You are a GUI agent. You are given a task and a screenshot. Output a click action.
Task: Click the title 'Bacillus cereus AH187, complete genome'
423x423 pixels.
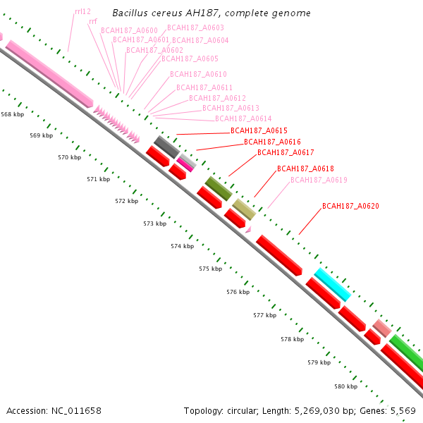pos(211,13)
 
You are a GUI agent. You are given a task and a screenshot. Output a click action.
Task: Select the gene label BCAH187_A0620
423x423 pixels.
pos(350,206)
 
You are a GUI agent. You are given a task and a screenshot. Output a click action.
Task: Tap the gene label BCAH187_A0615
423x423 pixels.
pos(259,130)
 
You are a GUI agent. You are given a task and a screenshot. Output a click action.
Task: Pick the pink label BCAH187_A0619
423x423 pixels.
pos(319,180)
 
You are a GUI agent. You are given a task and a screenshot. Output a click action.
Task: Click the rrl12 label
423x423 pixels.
pos(82,11)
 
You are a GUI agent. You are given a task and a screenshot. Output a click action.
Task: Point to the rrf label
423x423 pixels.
pos(93,21)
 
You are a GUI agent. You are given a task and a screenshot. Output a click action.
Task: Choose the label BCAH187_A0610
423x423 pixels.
pos(198,74)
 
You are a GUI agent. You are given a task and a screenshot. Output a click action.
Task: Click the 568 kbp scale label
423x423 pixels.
pos(13,114)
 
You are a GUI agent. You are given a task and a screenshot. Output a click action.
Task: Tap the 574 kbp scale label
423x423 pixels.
pos(183,246)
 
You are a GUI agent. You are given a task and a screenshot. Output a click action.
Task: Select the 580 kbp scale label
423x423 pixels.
pos(346,386)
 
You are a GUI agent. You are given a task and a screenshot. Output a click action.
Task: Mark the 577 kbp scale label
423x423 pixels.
pos(265,315)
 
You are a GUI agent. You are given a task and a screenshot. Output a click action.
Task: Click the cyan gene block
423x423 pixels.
pos(333,285)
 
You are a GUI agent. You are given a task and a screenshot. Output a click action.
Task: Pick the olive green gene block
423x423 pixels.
pos(219,188)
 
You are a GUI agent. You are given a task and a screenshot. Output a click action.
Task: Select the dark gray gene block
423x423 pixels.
pos(166,147)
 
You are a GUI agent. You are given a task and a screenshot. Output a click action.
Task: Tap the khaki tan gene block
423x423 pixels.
pos(244,209)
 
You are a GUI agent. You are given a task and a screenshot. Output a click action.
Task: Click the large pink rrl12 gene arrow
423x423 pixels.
pos(49,74)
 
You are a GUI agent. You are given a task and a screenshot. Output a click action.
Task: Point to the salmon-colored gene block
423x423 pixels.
pos(382,328)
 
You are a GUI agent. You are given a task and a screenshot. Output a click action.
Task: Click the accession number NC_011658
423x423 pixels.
pos(76,411)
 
